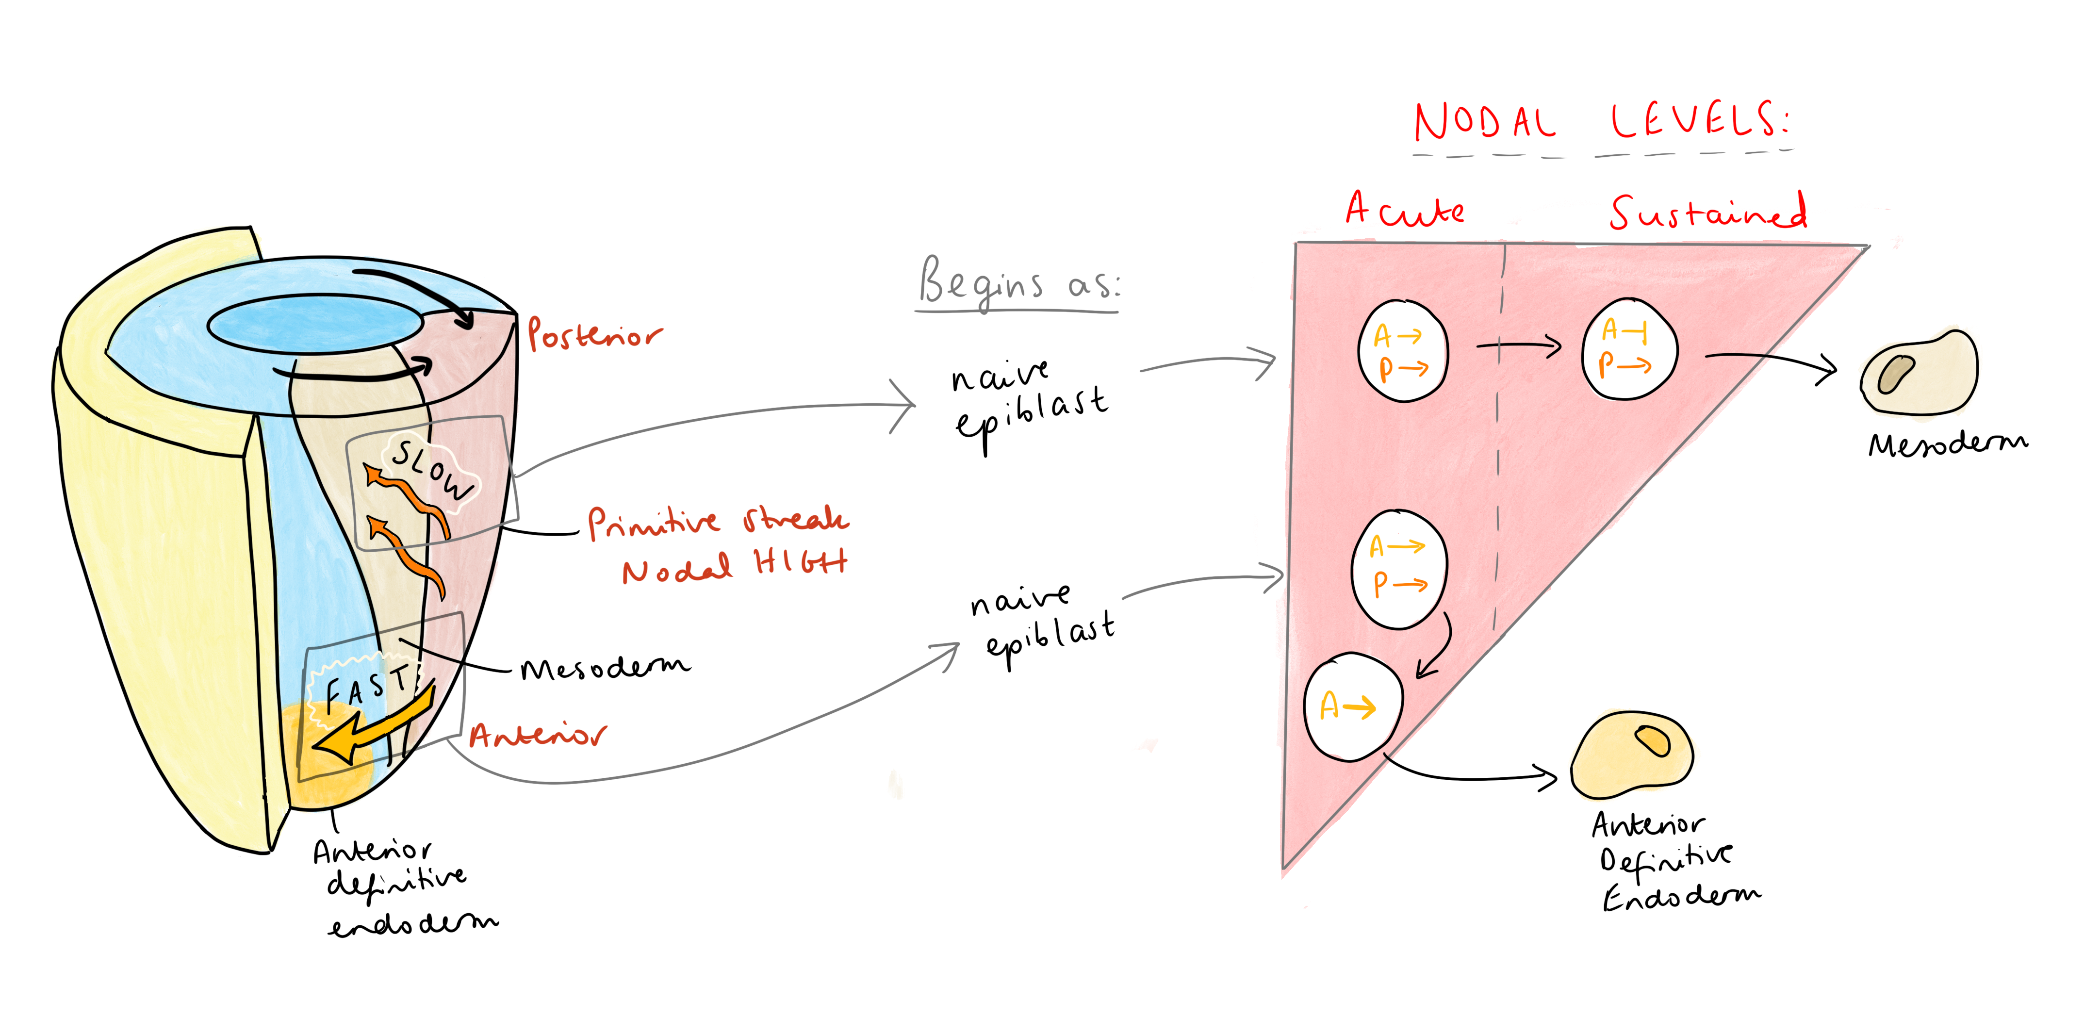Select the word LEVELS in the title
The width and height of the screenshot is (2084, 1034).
(1699, 121)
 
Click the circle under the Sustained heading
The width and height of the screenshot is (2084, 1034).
(1628, 349)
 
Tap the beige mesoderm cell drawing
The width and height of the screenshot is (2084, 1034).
(1919, 372)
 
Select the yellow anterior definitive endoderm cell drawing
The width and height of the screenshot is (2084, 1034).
(1632, 754)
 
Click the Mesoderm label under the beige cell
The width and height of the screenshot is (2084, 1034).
(1947, 444)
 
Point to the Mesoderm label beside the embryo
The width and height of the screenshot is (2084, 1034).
(605, 668)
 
